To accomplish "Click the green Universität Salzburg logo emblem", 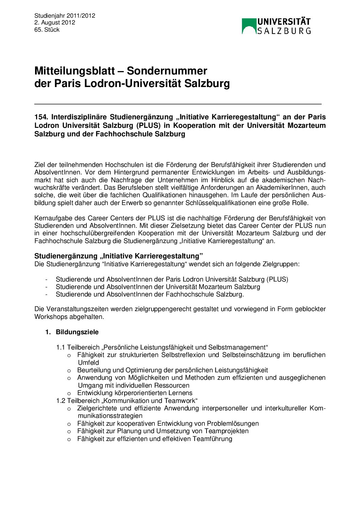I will [x=249, y=26].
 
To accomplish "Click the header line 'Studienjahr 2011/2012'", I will [x=65, y=16].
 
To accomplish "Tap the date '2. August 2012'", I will [x=55, y=23].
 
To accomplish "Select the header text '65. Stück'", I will [x=47, y=30].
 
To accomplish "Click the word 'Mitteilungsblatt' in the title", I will [x=75, y=71].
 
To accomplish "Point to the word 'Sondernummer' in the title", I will [x=167, y=71].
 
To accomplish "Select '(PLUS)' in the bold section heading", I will [x=148, y=125].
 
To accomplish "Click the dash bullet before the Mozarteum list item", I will [x=46, y=287].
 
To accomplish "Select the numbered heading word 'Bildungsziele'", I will [x=77, y=332].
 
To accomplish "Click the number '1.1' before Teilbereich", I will [x=61, y=347].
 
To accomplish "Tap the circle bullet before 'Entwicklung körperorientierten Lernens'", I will [x=69, y=393].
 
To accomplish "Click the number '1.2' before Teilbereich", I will [x=61, y=401].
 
